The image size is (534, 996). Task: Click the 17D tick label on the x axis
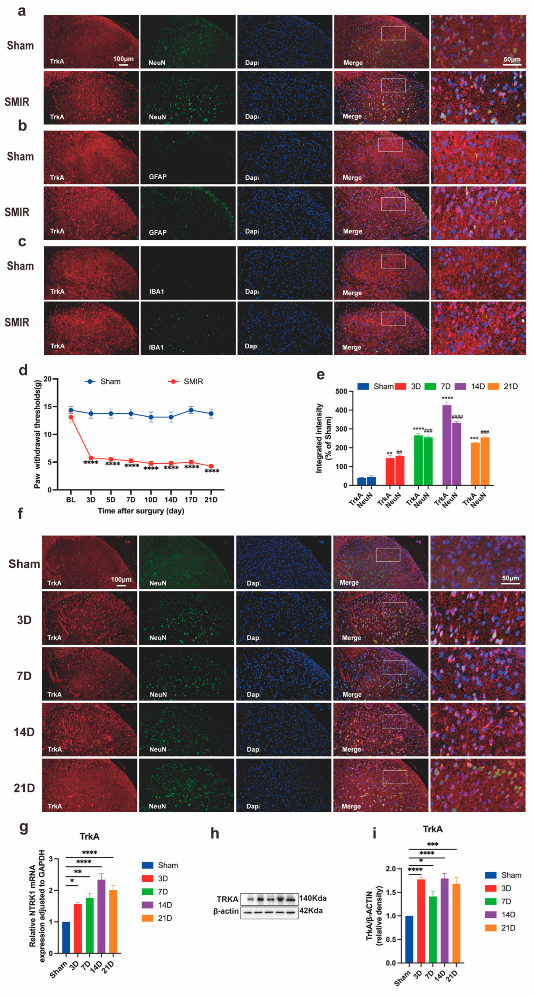(x=191, y=500)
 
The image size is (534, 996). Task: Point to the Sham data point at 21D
(x=211, y=413)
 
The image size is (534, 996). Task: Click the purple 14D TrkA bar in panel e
(x=447, y=445)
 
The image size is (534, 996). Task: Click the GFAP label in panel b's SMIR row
(x=158, y=232)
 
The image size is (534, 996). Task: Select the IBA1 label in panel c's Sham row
(x=156, y=291)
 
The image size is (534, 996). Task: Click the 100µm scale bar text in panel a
(x=123, y=59)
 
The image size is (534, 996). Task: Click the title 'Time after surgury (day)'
(x=141, y=511)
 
